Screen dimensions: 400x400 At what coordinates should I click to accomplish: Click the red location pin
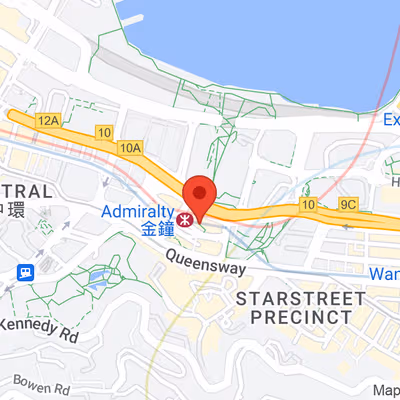point(200,196)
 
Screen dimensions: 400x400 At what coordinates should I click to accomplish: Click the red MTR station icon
point(184,216)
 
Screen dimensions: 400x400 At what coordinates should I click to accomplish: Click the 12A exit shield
point(47,120)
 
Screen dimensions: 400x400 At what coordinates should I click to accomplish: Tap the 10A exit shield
point(130,147)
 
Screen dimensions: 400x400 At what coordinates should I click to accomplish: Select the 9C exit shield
point(348,204)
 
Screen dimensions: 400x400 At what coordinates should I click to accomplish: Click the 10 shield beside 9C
point(307,206)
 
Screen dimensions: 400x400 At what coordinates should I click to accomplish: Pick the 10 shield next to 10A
point(104,132)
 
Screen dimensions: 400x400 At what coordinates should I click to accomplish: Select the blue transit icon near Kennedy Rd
point(25,271)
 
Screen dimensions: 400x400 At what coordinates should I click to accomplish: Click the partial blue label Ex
point(391,120)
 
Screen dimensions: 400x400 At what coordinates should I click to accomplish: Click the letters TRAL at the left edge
point(25,192)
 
